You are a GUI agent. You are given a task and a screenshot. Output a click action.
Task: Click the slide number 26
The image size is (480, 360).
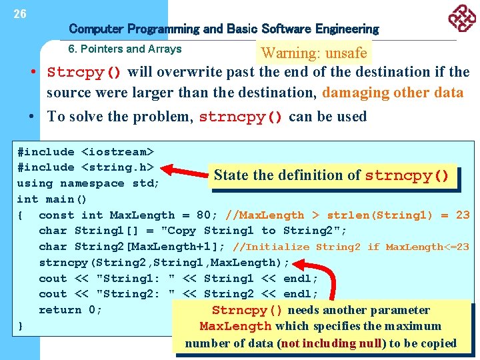point(20,13)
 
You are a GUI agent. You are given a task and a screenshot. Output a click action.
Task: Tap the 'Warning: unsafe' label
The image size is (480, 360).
point(314,53)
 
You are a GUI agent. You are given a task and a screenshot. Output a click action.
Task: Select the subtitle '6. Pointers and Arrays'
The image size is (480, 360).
point(125,49)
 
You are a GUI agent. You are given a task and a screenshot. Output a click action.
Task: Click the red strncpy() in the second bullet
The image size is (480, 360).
point(241,117)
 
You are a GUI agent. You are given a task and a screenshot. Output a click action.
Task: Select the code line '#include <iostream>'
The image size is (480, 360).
point(85,152)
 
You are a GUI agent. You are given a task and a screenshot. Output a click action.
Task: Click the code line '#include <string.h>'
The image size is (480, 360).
point(85,167)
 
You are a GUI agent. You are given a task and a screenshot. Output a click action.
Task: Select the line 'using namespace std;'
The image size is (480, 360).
point(88,183)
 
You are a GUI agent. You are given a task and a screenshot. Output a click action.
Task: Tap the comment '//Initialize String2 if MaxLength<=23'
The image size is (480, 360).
point(350,247)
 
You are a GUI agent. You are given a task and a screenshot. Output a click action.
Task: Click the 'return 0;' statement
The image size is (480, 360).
point(70,310)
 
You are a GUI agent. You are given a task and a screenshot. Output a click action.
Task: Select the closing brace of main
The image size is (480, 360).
point(21,326)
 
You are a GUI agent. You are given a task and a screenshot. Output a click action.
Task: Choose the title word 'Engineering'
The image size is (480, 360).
point(347,29)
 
